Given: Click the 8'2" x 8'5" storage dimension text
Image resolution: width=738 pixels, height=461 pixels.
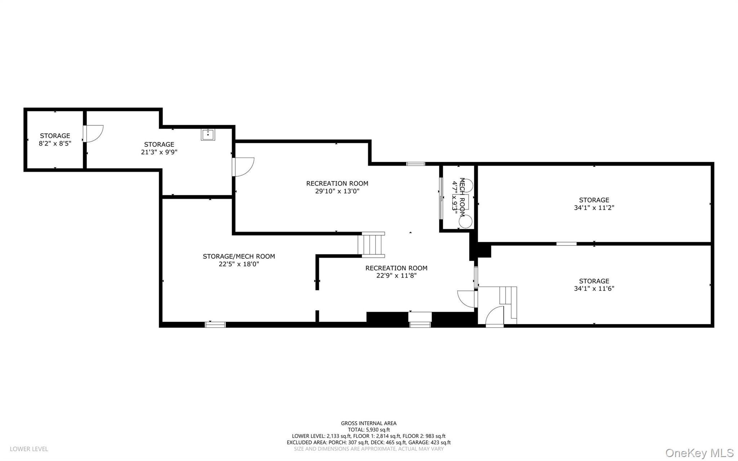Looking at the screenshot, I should (55, 143).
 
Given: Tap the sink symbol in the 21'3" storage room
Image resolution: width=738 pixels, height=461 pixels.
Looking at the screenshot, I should (208, 134).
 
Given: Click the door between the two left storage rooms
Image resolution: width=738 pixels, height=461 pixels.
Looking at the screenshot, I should (93, 134).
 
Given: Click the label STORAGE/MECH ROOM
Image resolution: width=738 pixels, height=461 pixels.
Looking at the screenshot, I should (239, 256).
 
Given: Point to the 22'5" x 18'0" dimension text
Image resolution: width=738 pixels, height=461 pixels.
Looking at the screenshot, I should (239, 264).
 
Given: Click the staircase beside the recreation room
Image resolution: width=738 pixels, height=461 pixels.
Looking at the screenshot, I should (372, 245).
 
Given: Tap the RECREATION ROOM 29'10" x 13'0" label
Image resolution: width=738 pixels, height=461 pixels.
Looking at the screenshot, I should (337, 187).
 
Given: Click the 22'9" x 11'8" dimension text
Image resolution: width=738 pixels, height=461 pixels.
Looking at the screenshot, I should (396, 276).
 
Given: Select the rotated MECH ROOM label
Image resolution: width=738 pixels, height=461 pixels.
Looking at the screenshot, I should (462, 198).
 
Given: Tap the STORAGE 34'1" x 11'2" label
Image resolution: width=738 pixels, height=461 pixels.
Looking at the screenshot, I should (594, 204).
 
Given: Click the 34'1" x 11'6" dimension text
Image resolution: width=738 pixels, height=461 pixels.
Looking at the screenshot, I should (594, 289).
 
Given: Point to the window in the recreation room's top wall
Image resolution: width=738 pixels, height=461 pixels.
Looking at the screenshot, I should (415, 164).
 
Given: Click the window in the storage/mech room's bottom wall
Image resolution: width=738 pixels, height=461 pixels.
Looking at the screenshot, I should (215, 325).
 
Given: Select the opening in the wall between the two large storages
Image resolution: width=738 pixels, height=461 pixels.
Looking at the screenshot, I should (566, 244).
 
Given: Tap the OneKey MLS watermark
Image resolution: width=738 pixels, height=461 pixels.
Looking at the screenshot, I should (699, 453).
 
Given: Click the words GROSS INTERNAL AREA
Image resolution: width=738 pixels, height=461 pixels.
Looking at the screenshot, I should (369, 423).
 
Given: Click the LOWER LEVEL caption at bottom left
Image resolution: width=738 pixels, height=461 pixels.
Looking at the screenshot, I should (29, 449).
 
